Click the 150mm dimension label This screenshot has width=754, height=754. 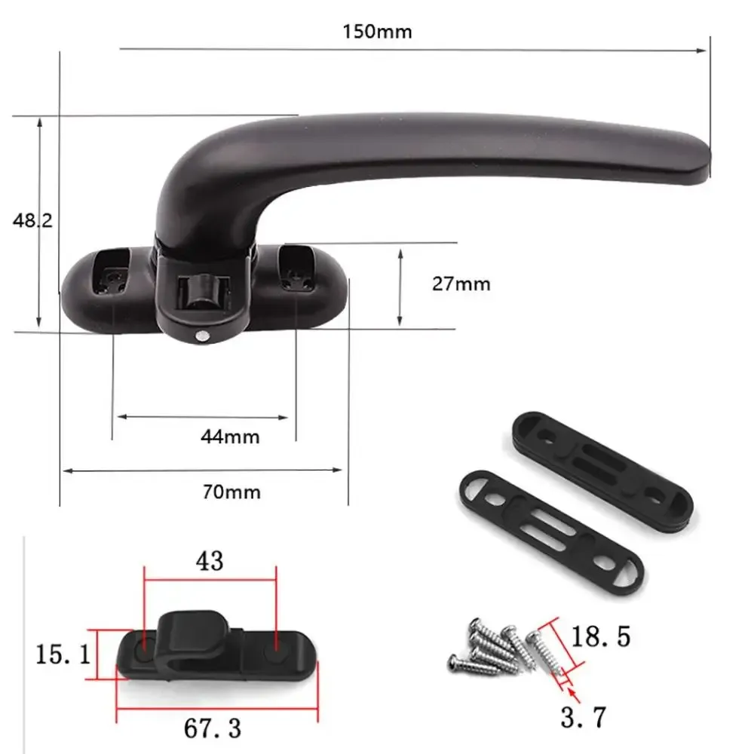377,32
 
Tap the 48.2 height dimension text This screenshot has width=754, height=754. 32,220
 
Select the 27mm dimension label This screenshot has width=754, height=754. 461,284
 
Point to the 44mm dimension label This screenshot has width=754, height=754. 230,436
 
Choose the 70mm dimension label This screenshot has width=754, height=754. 231,492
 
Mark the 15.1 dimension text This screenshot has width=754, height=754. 63,654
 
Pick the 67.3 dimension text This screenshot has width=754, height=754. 213,728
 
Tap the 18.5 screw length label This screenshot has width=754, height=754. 600,637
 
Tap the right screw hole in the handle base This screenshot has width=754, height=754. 296,279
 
